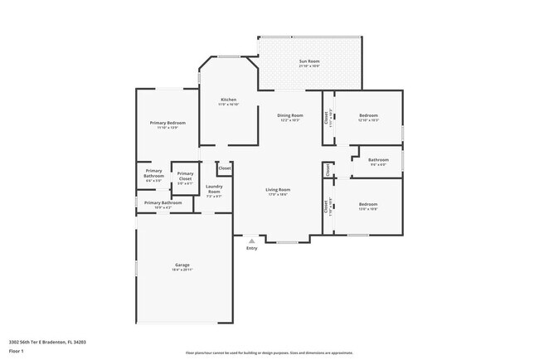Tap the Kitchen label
[x=228, y=100]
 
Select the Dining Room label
[x=289, y=115]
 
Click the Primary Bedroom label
[x=168, y=123]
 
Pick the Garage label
[x=182, y=265]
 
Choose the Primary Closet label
[x=185, y=176]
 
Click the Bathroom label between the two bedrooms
[x=378, y=159]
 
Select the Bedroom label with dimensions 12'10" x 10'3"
[x=368, y=115]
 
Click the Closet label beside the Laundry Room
[x=225, y=168]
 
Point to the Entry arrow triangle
[x=251, y=241]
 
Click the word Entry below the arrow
[x=251, y=248]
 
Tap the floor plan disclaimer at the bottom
[x=269, y=353]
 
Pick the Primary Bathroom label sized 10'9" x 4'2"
[x=163, y=203]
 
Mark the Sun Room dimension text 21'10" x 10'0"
[x=308, y=66]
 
